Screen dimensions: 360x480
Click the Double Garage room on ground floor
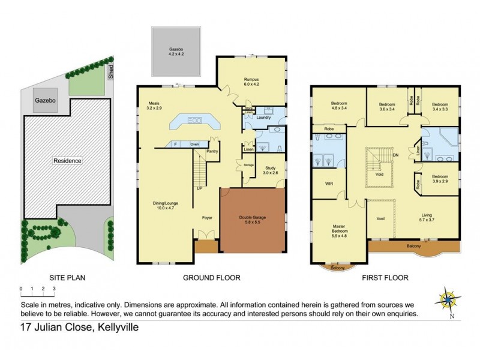[252, 221]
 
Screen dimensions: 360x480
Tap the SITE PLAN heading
[65, 278]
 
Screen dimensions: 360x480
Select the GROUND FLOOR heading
[212, 278]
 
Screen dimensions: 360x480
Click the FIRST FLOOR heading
[385, 278]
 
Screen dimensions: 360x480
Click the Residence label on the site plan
[67, 161]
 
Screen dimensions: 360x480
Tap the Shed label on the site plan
[111, 73]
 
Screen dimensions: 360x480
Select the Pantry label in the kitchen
[212, 151]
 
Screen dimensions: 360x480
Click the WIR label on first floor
[329, 185]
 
